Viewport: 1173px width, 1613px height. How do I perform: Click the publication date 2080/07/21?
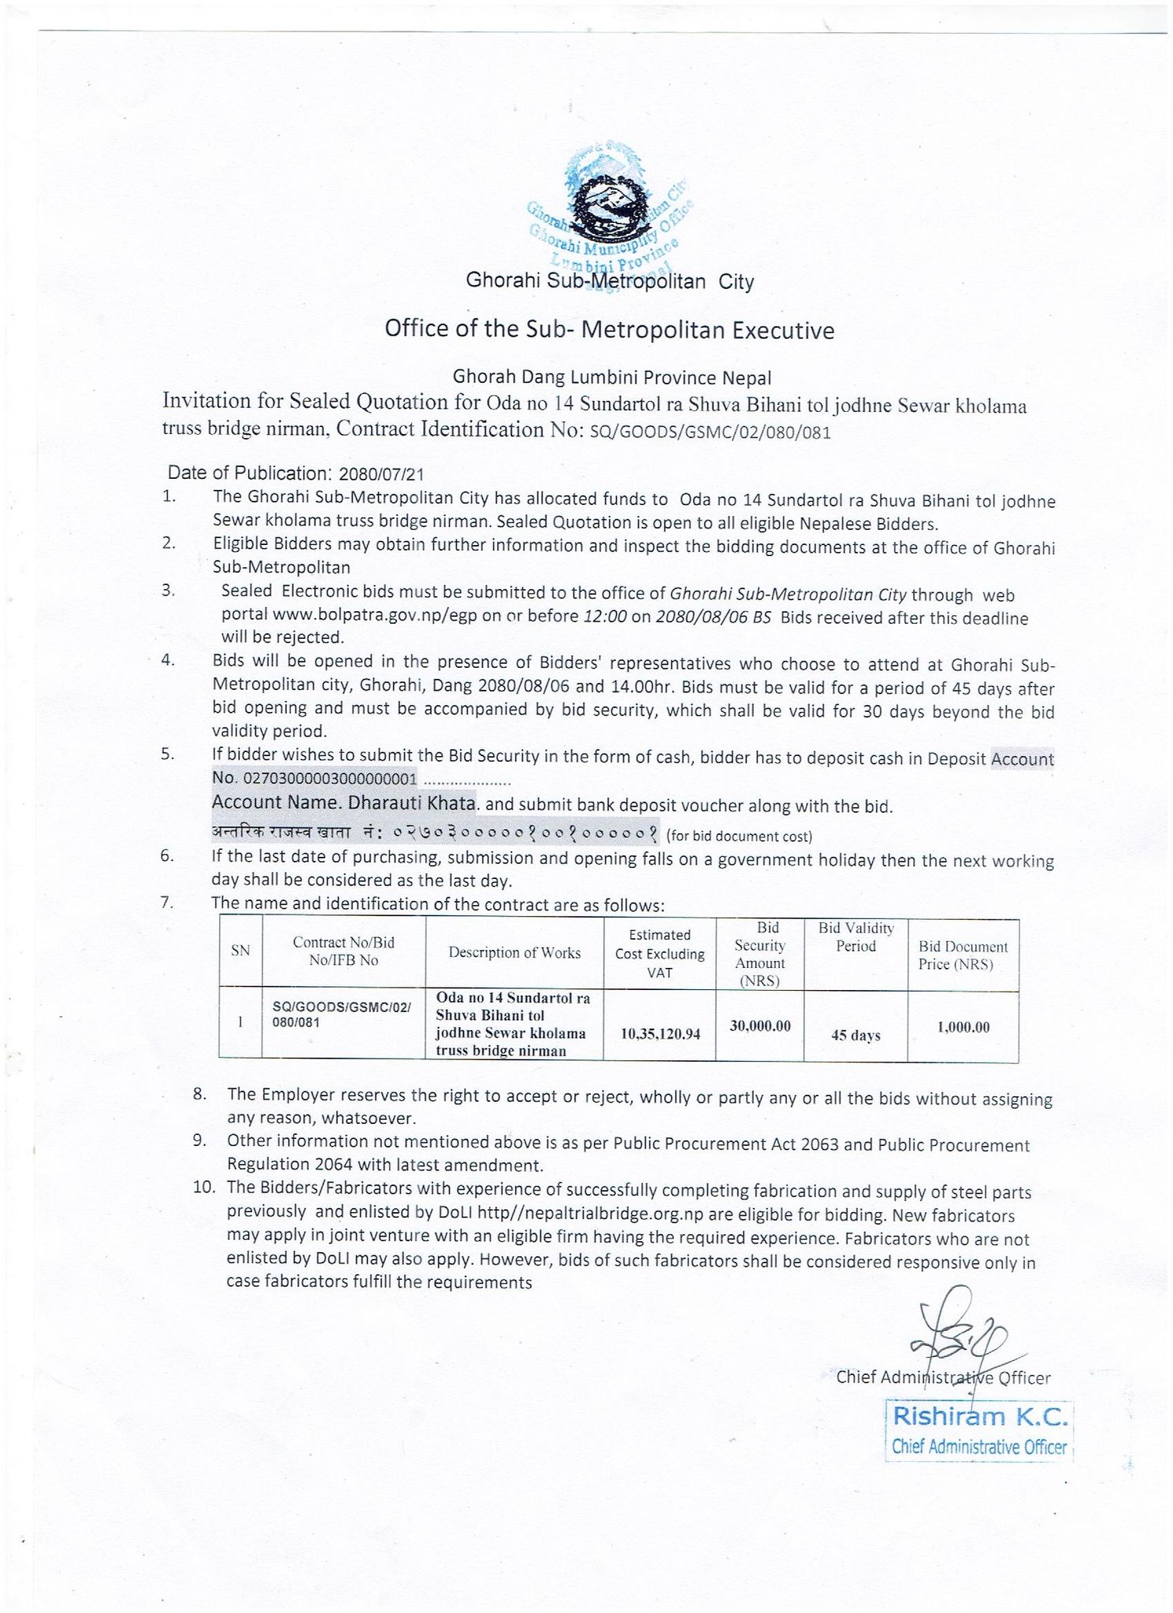tap(381, 474)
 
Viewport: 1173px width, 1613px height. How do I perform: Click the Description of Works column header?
tap(514, 952)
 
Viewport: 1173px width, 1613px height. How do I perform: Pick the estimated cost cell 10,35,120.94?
tap(660, 1033)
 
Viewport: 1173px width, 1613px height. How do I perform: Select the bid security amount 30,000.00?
tap(760, 1025)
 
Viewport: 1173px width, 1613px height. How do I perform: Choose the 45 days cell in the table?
tap(855, 1035)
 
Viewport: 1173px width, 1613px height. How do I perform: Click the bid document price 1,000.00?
tap(963, 1027)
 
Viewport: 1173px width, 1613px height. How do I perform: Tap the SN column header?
tap(240, 951)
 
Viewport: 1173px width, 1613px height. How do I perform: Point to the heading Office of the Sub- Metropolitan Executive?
tap(609, 329)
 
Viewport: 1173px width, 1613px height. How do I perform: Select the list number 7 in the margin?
tap(167, 903)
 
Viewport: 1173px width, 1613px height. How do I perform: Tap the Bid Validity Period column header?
tap(856, 936)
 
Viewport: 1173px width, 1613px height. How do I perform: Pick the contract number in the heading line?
tap(710, 432)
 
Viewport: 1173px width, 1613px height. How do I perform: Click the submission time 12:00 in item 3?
tap(605, 616)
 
